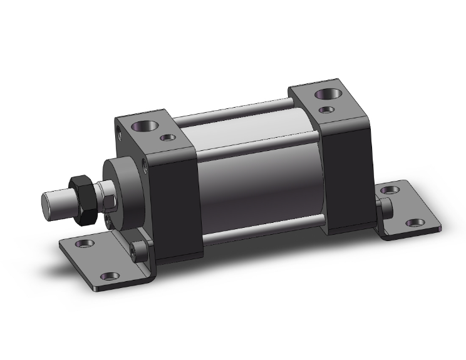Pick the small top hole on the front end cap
[x=167, y=137]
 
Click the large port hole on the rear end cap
[x=328, y=95]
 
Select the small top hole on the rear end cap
[x=326, y=110]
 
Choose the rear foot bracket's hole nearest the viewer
[x=414, y=222]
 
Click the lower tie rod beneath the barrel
[x=263, y=229]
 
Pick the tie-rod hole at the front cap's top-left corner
[x=119, y=131]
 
